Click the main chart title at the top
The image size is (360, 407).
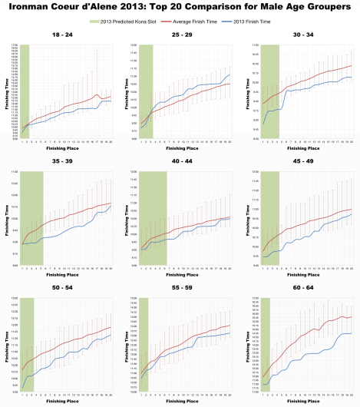[180, 7]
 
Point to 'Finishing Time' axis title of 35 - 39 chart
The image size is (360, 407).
[7, 218]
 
